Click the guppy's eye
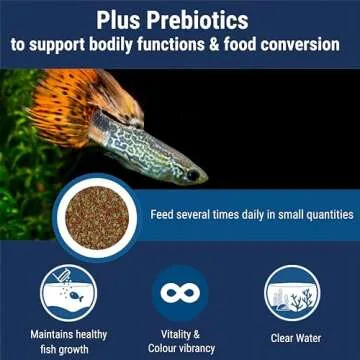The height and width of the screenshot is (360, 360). click(x=190, y=174)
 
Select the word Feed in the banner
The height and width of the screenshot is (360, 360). click(x=165, y=213)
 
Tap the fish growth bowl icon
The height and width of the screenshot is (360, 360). click(x=68, y=292)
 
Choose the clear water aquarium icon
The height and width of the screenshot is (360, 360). click(x=292, y=292)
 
